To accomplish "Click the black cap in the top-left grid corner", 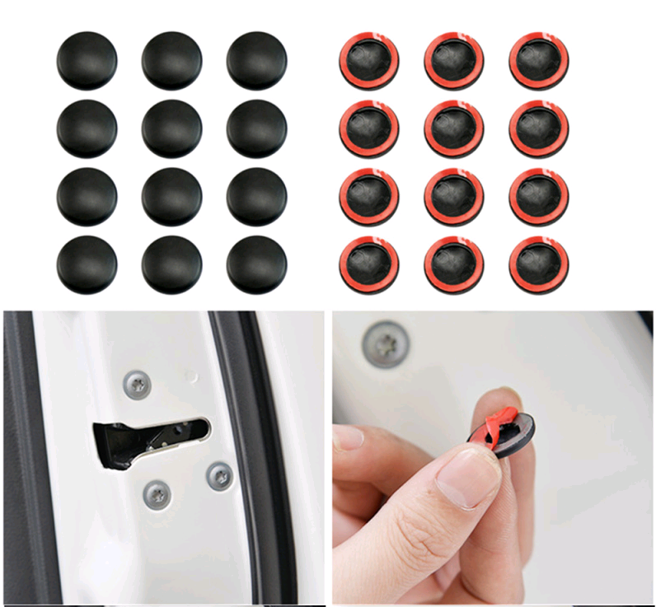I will (87, 61).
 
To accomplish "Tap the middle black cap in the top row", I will (171, 61).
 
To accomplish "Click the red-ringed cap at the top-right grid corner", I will (539, 61).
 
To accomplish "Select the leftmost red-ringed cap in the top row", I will (369, 61).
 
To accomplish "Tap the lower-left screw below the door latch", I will (157, 493).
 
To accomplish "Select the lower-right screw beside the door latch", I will (218, 474).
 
